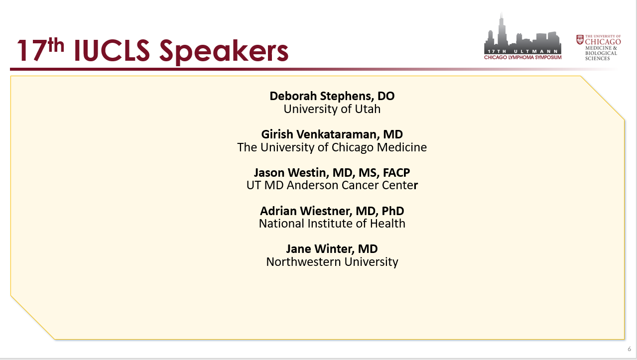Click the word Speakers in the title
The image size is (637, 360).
click(224, 51)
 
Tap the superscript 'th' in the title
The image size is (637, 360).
click(56, 45)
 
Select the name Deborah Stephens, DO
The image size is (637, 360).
click(332, 96)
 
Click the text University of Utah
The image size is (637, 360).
click(332, 109)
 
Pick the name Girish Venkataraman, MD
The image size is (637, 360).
click(332, 134)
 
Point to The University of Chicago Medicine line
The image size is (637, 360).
click(332, 147)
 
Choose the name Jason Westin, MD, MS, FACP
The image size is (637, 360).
click(332, 173)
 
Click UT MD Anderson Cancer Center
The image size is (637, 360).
click(332, 185)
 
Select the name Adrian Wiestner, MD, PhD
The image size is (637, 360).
click(332, 211)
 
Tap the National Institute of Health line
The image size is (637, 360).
click(332, 224)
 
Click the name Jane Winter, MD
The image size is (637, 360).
click(332, 249)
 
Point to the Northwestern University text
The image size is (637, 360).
click(332, 261)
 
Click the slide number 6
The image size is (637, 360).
click(630, 349)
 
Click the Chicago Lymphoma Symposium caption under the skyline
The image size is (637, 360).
click(522, 57)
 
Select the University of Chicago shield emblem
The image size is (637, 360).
click(580, 39)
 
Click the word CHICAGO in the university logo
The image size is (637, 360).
click(603, 42)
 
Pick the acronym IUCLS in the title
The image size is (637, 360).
click(112, 50)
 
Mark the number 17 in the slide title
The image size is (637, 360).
click(32, 50)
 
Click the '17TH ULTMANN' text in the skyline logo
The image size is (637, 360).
click(522, 51)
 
